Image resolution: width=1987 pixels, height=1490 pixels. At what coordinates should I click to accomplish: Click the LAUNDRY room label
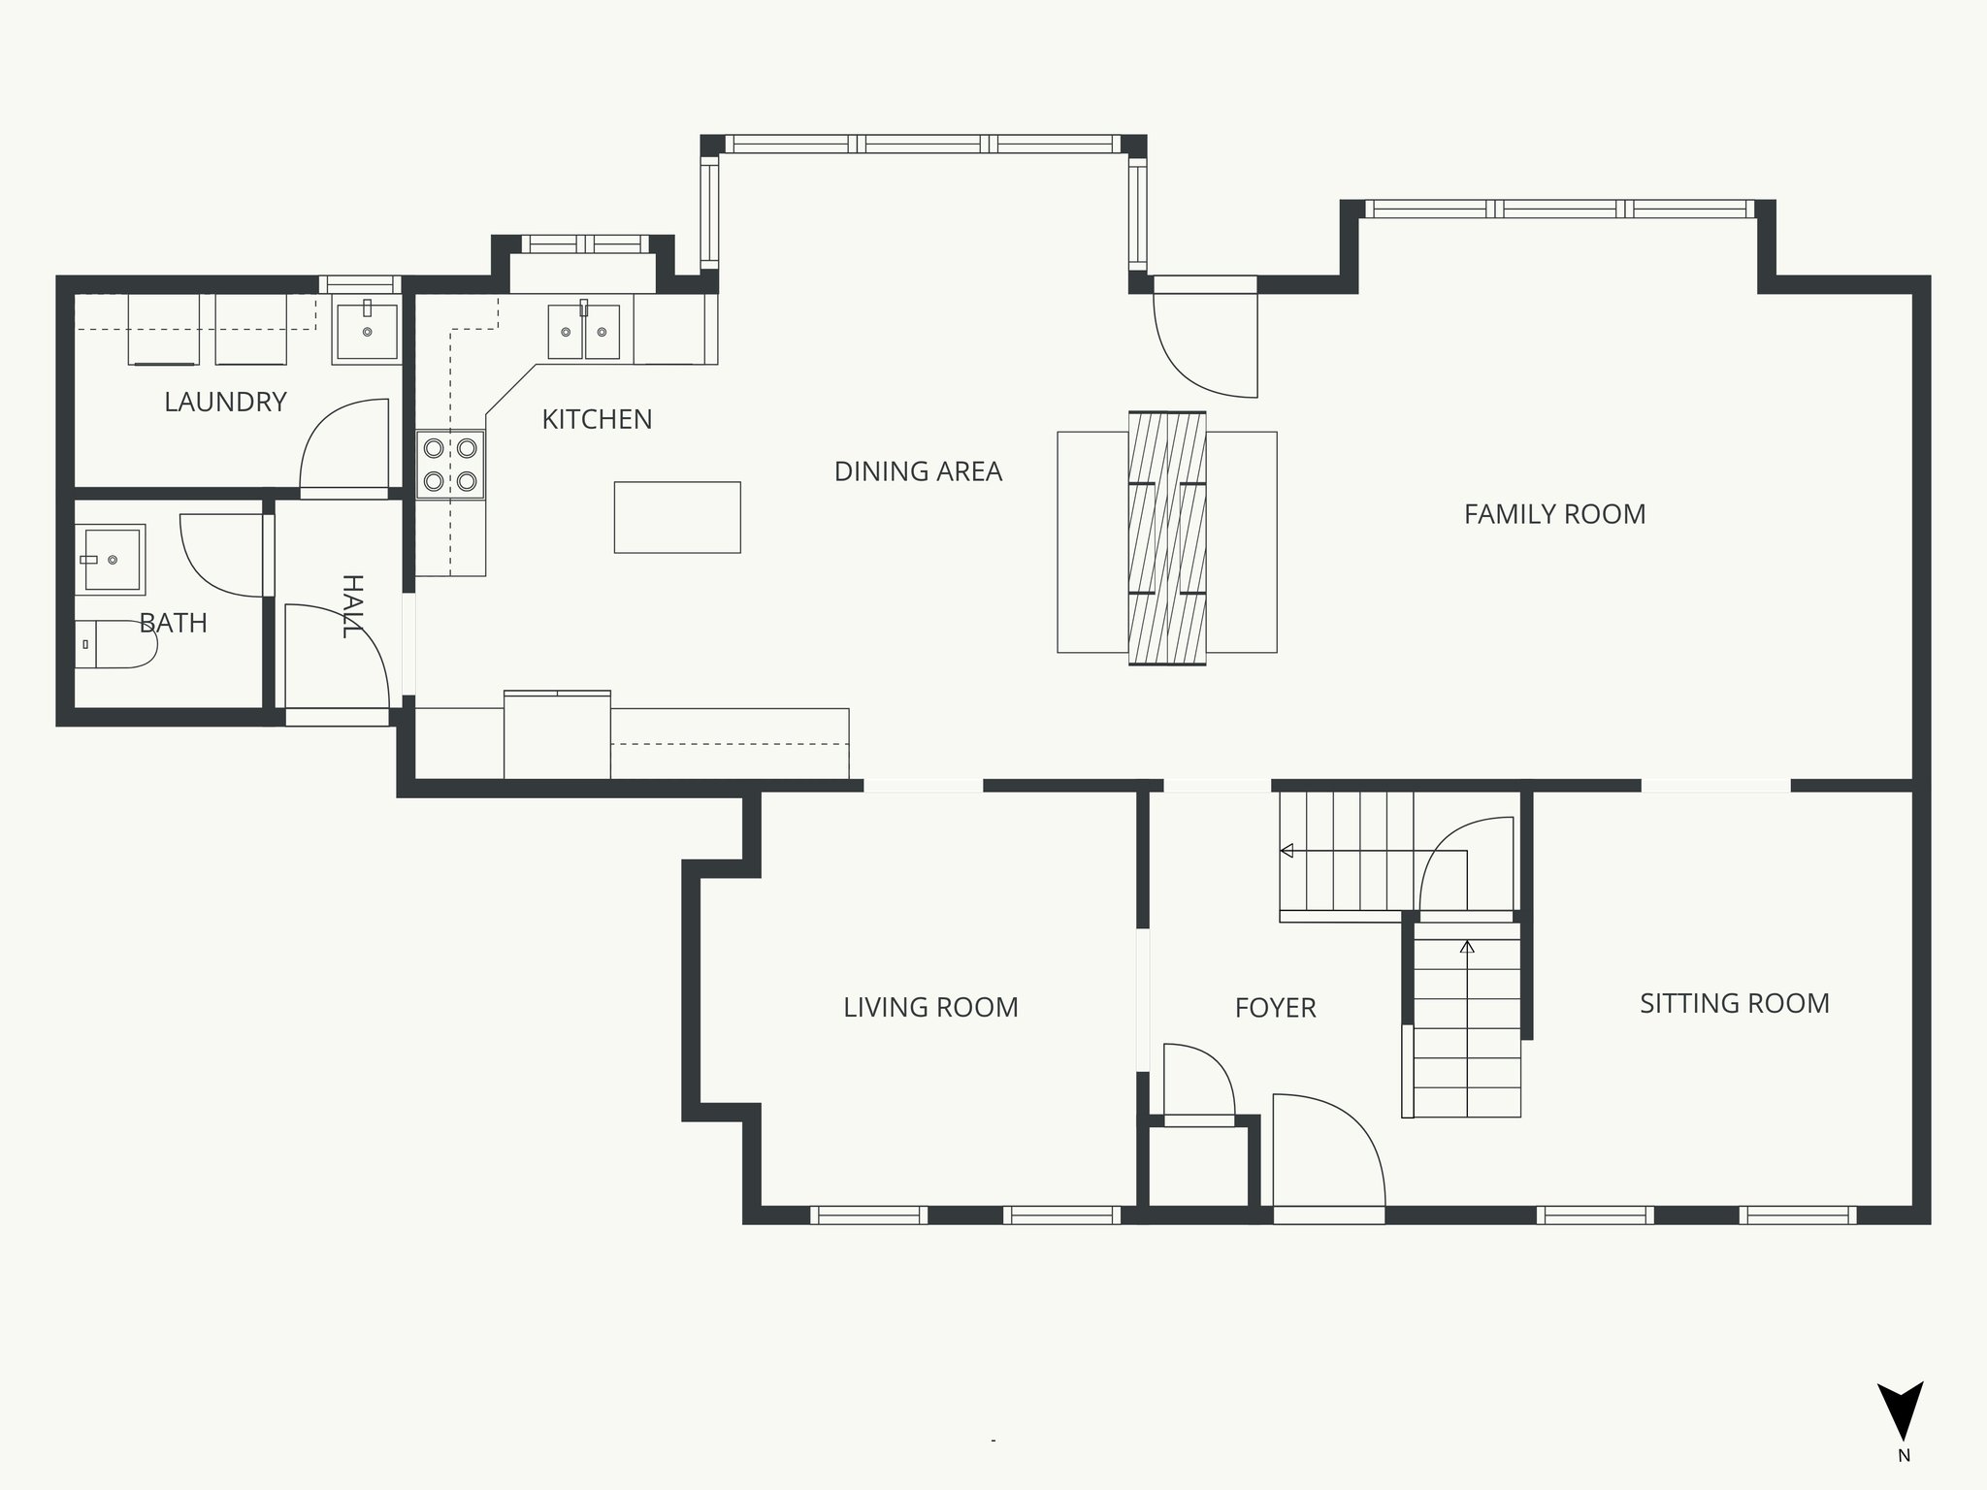(225, 402)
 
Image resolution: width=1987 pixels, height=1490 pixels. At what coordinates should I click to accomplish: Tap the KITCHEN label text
(597, 419)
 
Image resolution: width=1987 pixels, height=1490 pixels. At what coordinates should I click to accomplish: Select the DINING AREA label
(918, 471)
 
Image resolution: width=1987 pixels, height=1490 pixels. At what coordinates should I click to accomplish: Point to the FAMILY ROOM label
(1554, 514)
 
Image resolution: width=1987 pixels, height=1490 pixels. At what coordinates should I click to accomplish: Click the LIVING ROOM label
(930, 1008)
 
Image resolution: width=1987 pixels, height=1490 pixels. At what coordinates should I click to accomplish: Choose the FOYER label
(1275, 1009)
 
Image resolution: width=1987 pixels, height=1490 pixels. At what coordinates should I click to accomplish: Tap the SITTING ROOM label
(1735, 1004)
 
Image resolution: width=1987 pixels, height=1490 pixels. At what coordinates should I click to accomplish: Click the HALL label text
(352, 606)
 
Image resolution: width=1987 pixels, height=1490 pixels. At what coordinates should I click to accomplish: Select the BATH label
(174, 623)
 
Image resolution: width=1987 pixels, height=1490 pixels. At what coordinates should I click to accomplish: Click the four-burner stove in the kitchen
(450, 464)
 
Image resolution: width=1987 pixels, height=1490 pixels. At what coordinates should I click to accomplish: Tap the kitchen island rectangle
(677, 517)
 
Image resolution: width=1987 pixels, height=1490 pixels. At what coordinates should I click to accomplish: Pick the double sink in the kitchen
(584, 332)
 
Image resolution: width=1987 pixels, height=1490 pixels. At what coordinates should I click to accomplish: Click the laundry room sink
(366, 332)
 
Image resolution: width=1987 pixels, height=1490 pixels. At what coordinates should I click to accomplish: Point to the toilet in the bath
(115, 644)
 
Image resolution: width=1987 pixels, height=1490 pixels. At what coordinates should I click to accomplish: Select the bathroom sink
(111, 560)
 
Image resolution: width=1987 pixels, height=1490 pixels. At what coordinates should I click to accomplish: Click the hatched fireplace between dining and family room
(1167, 538)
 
